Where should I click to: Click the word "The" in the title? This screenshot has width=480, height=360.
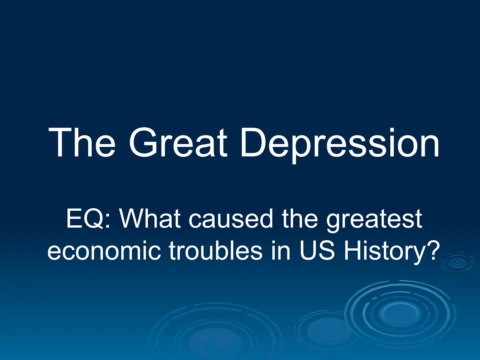pyautogui.click(x=82, y=143)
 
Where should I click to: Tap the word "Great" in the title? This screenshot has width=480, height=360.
pyautogui.click(x=178, y=143)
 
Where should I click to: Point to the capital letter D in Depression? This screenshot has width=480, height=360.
pyautogui.click(x=255, y=143)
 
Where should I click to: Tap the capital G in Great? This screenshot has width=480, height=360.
pyautogui.click(x=143, y=143)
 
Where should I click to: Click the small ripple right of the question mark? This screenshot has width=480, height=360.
pyautogui.click(x=458, y=263)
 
